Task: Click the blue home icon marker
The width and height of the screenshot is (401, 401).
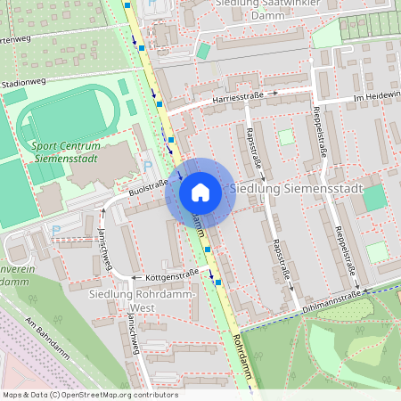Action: point(200,192)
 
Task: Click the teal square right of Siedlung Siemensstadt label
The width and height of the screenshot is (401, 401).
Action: point(374,197)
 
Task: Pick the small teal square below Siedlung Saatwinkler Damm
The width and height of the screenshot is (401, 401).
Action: point(203,51)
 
